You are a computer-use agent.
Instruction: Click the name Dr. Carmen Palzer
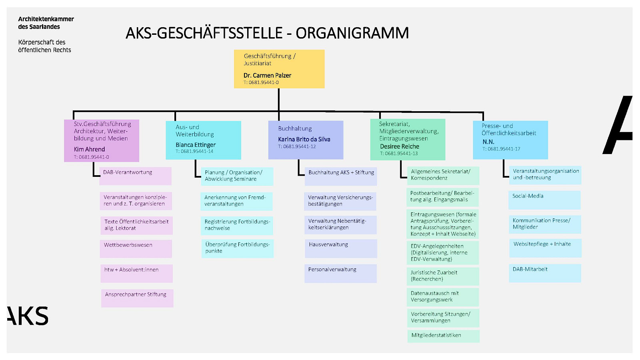(x=267, y=76)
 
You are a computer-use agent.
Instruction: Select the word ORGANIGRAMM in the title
(x=352, y=33)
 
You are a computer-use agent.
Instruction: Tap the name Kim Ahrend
(x=90, y=149)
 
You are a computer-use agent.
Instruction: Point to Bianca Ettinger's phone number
(x=194, y=151)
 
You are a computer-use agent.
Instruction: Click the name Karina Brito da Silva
(x=304, y=140)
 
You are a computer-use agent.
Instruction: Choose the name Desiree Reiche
(x=400, y=146)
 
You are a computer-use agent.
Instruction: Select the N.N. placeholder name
(x=488, y=142)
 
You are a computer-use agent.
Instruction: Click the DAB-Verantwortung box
(x=136, y=176)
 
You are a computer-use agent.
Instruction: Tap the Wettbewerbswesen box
(x=136, y=248)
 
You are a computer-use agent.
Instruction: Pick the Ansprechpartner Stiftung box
(x=137, y=298)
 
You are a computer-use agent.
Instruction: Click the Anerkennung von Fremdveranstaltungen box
(x=236, y=201)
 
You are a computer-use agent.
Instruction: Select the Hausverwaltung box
(x=341, y=248)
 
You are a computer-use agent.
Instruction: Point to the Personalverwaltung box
(x=340, y=274)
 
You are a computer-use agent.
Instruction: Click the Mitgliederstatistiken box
(x=444, y=336)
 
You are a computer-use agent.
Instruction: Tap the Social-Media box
(x=544, y=200)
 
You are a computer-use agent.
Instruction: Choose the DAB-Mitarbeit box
(x=545, y=273)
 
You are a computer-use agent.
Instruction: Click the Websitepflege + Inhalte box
(x=546, y=248)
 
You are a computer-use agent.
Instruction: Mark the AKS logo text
(x=28, y=316)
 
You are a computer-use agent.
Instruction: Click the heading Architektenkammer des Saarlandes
(x=46, y=23)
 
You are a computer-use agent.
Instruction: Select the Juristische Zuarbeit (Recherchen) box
(x=443, y=276)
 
